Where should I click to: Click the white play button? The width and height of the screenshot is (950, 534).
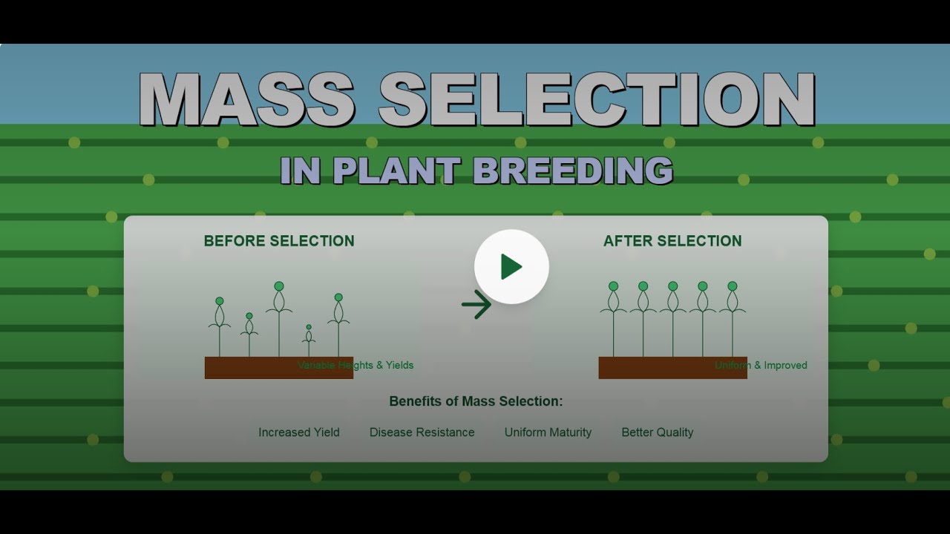(x=511, y=266)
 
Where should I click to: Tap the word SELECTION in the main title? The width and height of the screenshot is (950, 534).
(x=597, y=99)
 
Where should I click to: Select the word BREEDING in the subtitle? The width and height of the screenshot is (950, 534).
(x=572, y=171)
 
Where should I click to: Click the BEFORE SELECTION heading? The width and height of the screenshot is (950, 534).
(x=279, y=241)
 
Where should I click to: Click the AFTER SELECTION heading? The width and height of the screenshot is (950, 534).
(x=672, y=241)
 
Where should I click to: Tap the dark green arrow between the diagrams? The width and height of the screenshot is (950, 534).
(x=476, y=304)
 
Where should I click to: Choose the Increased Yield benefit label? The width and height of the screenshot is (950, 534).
(x=299, y=432)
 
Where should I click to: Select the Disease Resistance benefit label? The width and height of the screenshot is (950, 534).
(x=422, y=432)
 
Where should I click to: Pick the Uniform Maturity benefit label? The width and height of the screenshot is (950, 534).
(x=548, y=432)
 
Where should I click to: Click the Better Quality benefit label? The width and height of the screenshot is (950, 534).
(x=658, y=432)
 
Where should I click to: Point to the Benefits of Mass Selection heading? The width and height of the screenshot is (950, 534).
(x=476, y=401)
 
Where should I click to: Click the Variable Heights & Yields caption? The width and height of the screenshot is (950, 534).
(x=356, y=365)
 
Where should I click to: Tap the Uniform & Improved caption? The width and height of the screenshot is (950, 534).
(x=761, y=365)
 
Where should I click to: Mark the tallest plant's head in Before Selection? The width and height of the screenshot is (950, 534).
(x=279, y=286)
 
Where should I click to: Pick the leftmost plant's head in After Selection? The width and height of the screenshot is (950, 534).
(x=614, y=286)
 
